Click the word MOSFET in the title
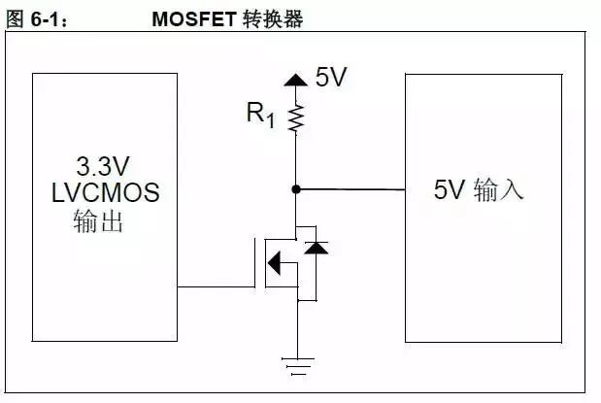[x=191, y=19]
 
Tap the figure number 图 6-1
[x=37, y=19]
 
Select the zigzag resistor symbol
[x=296, y=118]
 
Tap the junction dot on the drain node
[x=296, y=188]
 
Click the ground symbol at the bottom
[x=296, y=365]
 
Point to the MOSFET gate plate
[x=261, y=260]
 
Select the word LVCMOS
[x=104, y=193]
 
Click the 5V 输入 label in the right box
[x=479, y=190]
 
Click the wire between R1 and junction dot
[x=296, y=160]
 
